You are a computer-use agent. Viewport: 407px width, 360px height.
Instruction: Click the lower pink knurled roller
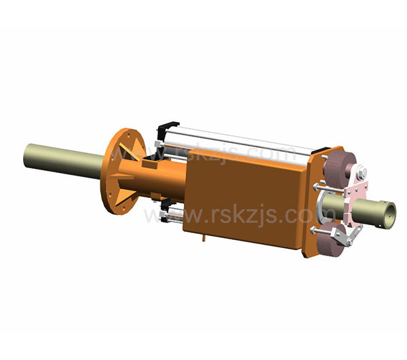click(331, 239)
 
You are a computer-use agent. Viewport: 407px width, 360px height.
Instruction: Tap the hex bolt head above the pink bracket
click(362, 173)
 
